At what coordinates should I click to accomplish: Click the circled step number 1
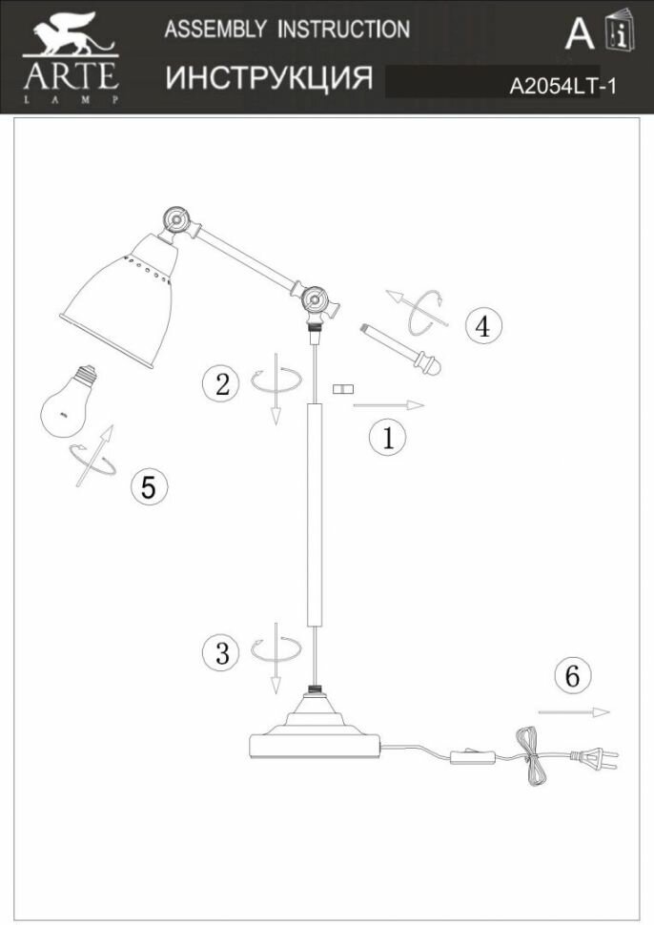click(x=387, y=438)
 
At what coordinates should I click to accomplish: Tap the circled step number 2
click(x=222, y=384)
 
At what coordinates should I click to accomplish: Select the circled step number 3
click(x=222, y=653)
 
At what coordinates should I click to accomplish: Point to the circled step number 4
click(x=482, y=326)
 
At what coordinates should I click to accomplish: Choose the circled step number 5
click(x=148, y=486)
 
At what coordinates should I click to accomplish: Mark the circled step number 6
click(x=571, y=675)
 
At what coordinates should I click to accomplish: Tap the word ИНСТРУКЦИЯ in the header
click(x=269, y=78)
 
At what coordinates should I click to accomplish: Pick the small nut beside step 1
click(x=342, y=389)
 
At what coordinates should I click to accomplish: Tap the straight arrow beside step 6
click(x=573, y=711)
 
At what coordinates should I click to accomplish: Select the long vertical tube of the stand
click(x=315, y=515)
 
